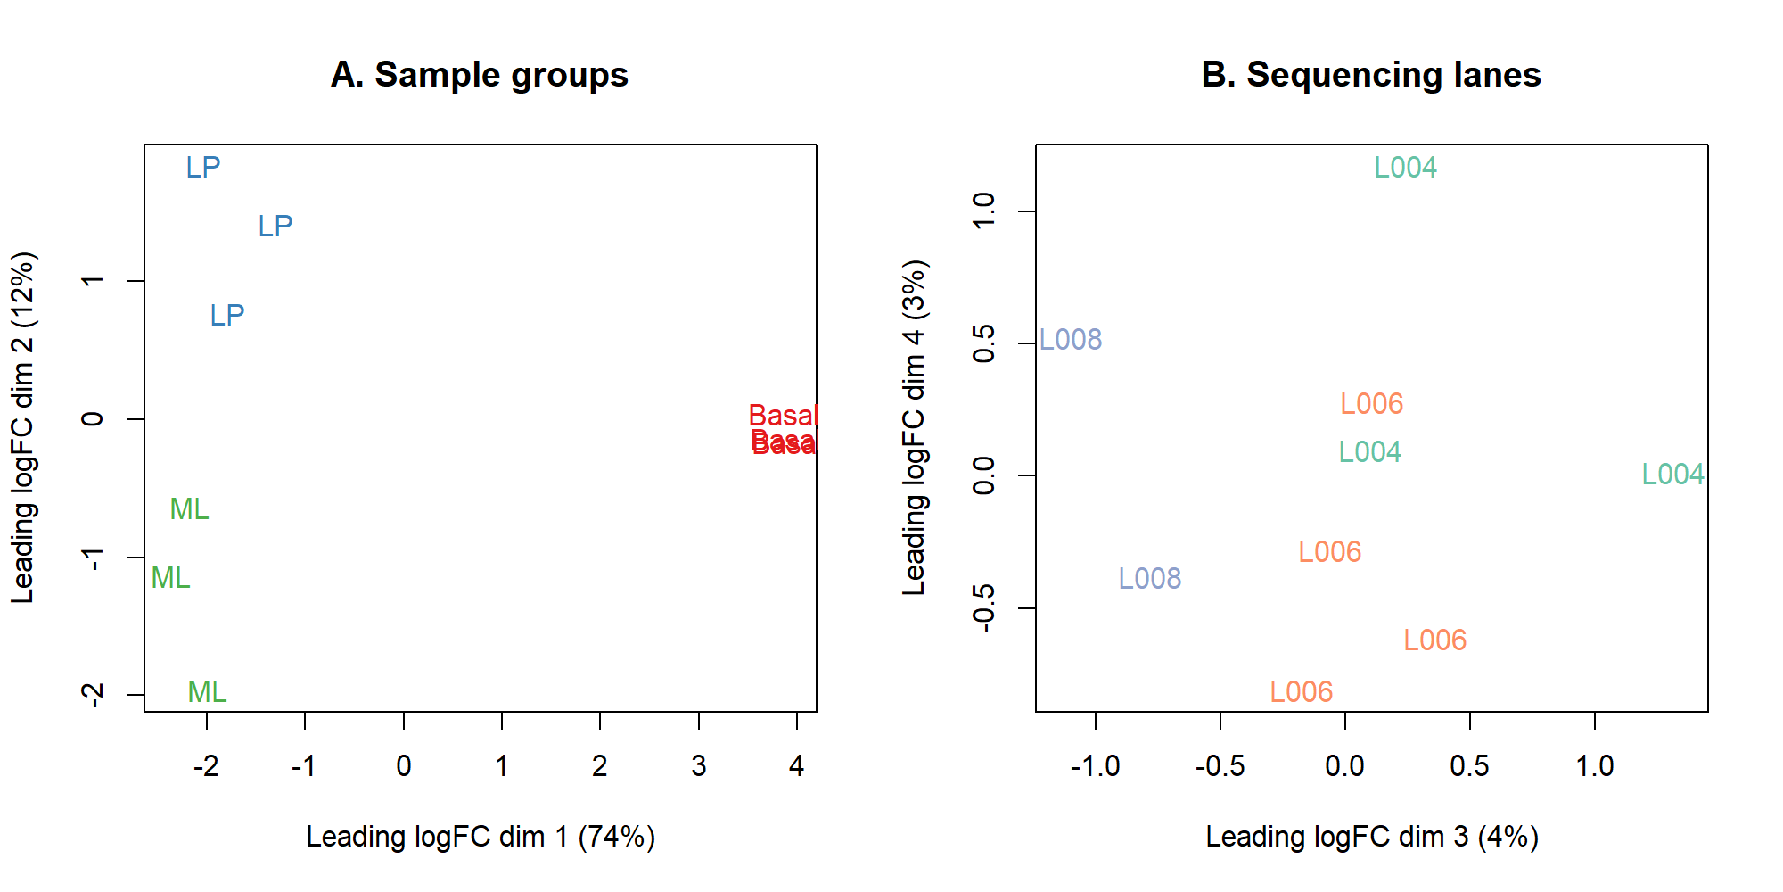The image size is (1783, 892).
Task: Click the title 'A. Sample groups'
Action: (x=480, y=75)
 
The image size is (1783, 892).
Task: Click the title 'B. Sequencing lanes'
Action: (x=1371, y=75)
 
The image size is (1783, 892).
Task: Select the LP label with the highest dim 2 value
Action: (x=203, y=168)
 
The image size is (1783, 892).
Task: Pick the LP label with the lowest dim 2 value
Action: (x=227, y=316)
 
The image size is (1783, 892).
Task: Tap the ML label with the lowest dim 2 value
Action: (x=207, y=692)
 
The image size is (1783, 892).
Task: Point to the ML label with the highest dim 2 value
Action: (x=189, y=509)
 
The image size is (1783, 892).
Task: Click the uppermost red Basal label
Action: (x=783, y=416)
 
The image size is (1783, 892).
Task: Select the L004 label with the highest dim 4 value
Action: (x=1405, y=168)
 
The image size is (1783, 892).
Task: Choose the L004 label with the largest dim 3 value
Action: (x=1672, y=475)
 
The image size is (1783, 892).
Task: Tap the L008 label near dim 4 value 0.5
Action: (x=1071, y=340)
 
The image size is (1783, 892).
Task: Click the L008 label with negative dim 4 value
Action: (x=1150, y=579)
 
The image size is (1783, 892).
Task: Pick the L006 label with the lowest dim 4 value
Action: (x=1301, y=692)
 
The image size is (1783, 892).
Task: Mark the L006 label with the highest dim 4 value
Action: (x=1371, y=404)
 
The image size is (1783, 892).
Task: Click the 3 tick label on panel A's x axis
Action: (x=699, y=765)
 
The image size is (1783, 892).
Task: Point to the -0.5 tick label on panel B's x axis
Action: (x=1220, y=765)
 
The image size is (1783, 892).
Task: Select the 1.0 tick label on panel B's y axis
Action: (x=984, y=211)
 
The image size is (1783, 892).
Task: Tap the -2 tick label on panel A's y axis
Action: (x=93, y=695)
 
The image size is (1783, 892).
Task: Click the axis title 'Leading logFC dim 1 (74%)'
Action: (x=481, y=837)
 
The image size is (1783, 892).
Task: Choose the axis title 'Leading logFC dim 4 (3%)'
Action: (x=915, y=428)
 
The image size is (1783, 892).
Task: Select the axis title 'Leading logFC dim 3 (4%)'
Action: (x=1372, y=837)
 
